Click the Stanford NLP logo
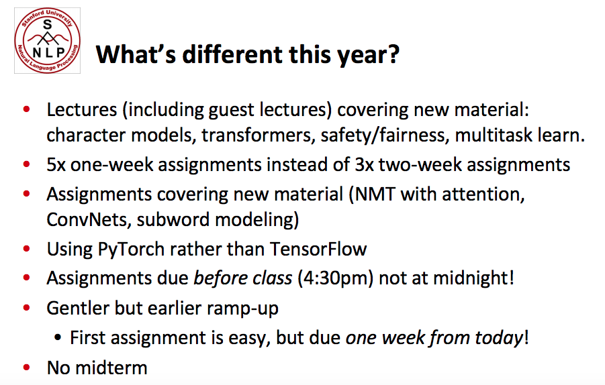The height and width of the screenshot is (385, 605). pyautogui.click(x=48, y=40)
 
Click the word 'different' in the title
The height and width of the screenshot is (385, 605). pyautogui.click(x=233, y=54)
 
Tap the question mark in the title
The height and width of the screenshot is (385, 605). pyautogui.click(x=393, y=54)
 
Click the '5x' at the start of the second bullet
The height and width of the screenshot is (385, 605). pyautogui.click(x=56, y=165)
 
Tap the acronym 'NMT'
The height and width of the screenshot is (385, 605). pyautogui.click(x=375, y=195)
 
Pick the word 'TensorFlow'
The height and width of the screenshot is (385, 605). pyautogui.click(x=318, y=249)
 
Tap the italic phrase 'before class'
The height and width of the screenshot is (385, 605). pyautogui.click(x=242, y=278)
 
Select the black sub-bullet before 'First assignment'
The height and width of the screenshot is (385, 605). pyautogui.click(x=58, y=338)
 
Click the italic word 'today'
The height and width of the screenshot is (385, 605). pyautogui.click(x=498, y=338)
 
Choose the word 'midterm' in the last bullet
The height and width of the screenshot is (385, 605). pyautogui.click(x=111, y=368)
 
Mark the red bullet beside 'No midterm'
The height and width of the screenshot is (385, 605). pyautogui.click(x=27, y=368)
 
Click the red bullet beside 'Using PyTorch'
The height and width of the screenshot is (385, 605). pyautogui.click(x=27, y=249)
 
